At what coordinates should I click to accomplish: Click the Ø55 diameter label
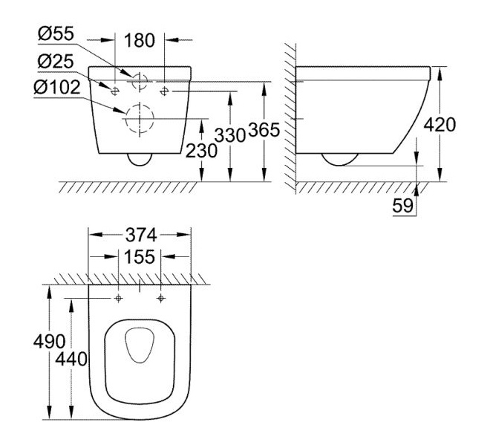(56, 33)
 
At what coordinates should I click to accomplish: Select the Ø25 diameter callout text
(56, 61)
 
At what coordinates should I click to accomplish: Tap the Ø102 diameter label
(57, 87)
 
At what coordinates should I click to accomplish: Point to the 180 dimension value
(140, 41)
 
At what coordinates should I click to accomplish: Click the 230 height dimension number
(201, 151)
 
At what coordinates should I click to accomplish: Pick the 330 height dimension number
(230, 136)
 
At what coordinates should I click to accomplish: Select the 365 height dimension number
(264, 130)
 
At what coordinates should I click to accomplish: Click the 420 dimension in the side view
(440, 125)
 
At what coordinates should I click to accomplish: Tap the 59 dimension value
(403, 206)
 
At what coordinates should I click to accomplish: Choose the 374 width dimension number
(141, 235)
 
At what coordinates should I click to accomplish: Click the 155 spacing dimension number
(140, 257)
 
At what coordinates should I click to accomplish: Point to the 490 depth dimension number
(50, 342)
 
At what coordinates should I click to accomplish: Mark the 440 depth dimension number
(71, 359)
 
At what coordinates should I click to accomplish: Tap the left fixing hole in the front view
(114, 91)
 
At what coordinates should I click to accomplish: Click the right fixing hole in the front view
(164, 91)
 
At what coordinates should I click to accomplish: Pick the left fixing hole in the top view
(118, 299)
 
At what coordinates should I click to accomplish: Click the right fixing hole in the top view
(161, 299)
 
